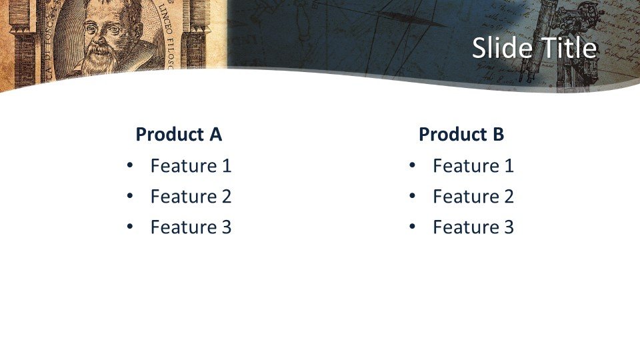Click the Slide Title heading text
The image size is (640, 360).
(x=534, y=48)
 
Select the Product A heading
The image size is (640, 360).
(x=179, y=134)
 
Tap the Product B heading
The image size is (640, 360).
(x=461, y=134)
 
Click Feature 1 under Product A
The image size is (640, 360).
(x=191, y=166)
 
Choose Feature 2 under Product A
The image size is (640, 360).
(x=191, y=196)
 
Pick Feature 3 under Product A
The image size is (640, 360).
(x=191, y=227)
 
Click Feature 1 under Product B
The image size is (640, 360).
(x=473, y=166)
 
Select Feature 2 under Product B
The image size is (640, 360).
(x=473, y=196)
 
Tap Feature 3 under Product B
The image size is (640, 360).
(x=473, y=227)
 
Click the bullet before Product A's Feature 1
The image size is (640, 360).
(x=130, y=165)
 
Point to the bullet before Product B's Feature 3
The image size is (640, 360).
(x=412, y=227)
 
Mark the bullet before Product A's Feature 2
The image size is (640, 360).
(x=130, y=196)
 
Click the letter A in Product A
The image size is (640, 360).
(x=216, y=134)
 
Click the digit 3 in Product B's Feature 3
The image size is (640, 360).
(x=509, y=227)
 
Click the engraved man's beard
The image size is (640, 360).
(x=99, y=59)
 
